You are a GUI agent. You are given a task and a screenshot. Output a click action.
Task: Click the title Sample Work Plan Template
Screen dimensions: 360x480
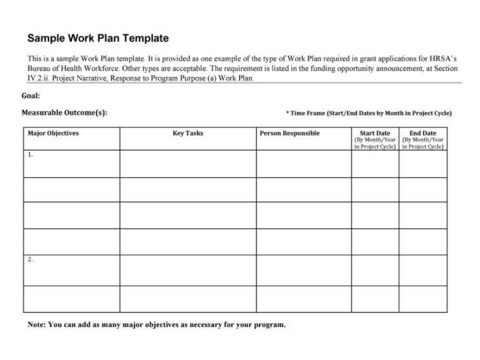98,39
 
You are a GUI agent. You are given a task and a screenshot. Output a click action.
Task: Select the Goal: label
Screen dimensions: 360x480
30,96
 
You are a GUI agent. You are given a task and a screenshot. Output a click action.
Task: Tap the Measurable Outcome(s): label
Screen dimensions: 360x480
64,112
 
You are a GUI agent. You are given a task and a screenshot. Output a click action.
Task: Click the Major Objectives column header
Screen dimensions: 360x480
53,134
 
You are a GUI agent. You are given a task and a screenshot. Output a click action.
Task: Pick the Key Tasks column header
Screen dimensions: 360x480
188,134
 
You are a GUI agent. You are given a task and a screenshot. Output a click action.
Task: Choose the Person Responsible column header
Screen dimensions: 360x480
289,134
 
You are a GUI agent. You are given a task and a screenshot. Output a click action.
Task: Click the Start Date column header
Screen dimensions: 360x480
375,134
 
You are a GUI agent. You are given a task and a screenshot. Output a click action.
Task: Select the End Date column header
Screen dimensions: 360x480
422,134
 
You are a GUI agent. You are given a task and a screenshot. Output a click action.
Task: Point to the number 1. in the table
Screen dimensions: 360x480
30,155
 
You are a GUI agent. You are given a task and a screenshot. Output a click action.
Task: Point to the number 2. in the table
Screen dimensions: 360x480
30,259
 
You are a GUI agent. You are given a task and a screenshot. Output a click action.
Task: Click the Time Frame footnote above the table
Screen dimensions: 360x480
369,113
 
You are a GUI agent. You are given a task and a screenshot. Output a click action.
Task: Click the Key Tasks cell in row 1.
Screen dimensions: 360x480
188,164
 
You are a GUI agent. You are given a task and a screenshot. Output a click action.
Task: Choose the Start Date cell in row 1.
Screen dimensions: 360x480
375,164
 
